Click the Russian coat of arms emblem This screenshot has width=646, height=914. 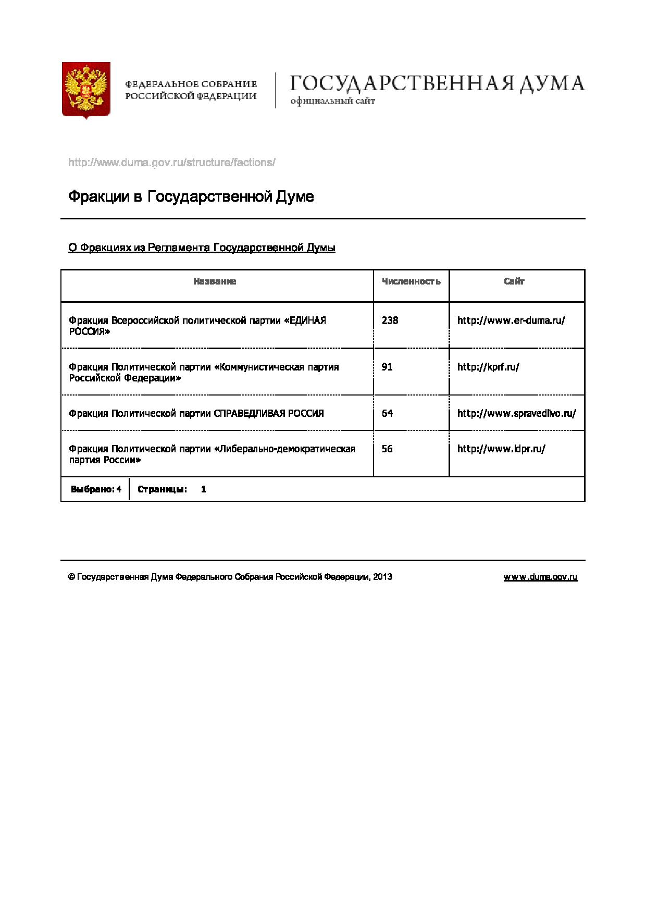(x=86, y=91)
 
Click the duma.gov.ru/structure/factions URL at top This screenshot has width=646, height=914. (x=171, y=163)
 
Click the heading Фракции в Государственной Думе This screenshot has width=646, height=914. (x=191, y=197)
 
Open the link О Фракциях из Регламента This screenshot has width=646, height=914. (x=202, y=248)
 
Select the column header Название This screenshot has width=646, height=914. (x=215, y=281)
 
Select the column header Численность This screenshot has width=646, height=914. (x=411, y=281)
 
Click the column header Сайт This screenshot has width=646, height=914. (x=514, y=281)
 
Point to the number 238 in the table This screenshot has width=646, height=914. (x=390, y=320)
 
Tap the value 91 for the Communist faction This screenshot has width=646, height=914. (x=387, y=367)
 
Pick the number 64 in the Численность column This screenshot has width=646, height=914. (x=387, y=413)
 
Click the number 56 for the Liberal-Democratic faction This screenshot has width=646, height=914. (x=387, y=449)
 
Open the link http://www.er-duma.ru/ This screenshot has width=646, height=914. (x=511, y=320)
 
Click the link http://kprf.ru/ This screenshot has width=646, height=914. (x=488, y=367)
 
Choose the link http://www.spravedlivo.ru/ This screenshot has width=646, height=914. (x=516, y=413)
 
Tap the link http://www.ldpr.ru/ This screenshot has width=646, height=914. (x=501, y=449)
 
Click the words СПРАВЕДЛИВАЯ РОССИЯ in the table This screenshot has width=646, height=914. (x=269, y=413)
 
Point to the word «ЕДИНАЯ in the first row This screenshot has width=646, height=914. (x=305, y=320)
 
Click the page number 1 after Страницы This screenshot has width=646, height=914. (x=204, y=489)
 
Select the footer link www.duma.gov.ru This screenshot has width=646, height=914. (x=540, y=577)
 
